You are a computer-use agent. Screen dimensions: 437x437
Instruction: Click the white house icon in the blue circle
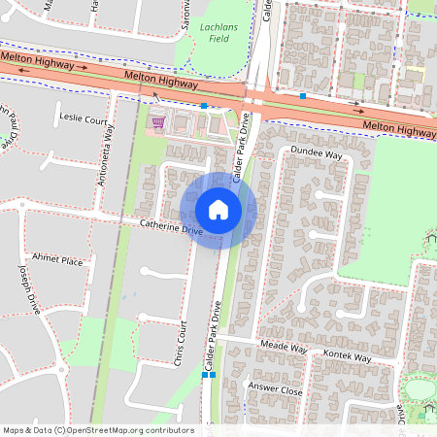[218, 210]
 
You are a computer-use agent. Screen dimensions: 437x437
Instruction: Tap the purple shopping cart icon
[157, 122]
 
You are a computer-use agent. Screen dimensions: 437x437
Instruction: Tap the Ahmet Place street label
[58, 260]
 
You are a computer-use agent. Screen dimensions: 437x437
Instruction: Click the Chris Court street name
[178, 343]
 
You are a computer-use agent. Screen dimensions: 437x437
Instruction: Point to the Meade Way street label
[284, 348]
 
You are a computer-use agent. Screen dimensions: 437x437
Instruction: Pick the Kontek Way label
[348, 356]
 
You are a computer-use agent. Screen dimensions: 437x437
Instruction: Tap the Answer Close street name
[276, 389]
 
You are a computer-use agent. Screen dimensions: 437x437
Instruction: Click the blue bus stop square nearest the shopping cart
[204, 105]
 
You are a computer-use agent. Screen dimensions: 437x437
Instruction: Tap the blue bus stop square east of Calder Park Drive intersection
[304, 96]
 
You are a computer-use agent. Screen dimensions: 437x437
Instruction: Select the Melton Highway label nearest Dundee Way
[400, 127]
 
